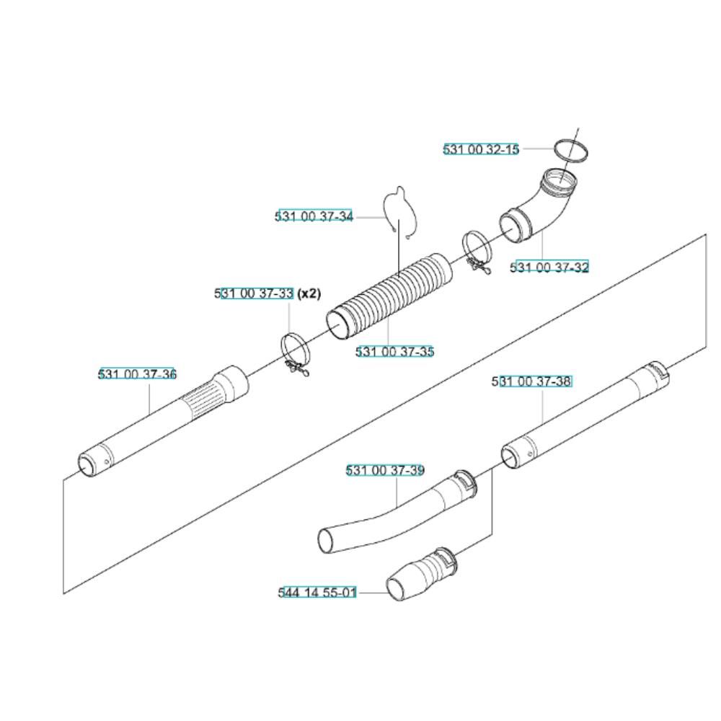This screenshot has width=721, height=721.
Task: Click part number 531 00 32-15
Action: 481,149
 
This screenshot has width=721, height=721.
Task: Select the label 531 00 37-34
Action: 314,216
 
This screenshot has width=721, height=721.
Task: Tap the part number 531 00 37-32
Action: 549,267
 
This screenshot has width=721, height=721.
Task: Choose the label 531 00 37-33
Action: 254,293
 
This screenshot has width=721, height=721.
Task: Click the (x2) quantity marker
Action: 309,293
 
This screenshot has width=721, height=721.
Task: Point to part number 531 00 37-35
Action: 395,352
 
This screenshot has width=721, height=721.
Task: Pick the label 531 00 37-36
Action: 138,373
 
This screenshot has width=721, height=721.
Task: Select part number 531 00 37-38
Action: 532,381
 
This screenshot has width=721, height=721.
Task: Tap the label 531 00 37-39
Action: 385,470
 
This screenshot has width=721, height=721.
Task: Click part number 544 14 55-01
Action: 317,592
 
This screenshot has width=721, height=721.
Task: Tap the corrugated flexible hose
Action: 389,297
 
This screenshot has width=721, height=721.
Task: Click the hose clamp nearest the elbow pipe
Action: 477,252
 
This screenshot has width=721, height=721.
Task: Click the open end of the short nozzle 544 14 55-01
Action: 397,588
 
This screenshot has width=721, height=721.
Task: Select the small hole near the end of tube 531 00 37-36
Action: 107,461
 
